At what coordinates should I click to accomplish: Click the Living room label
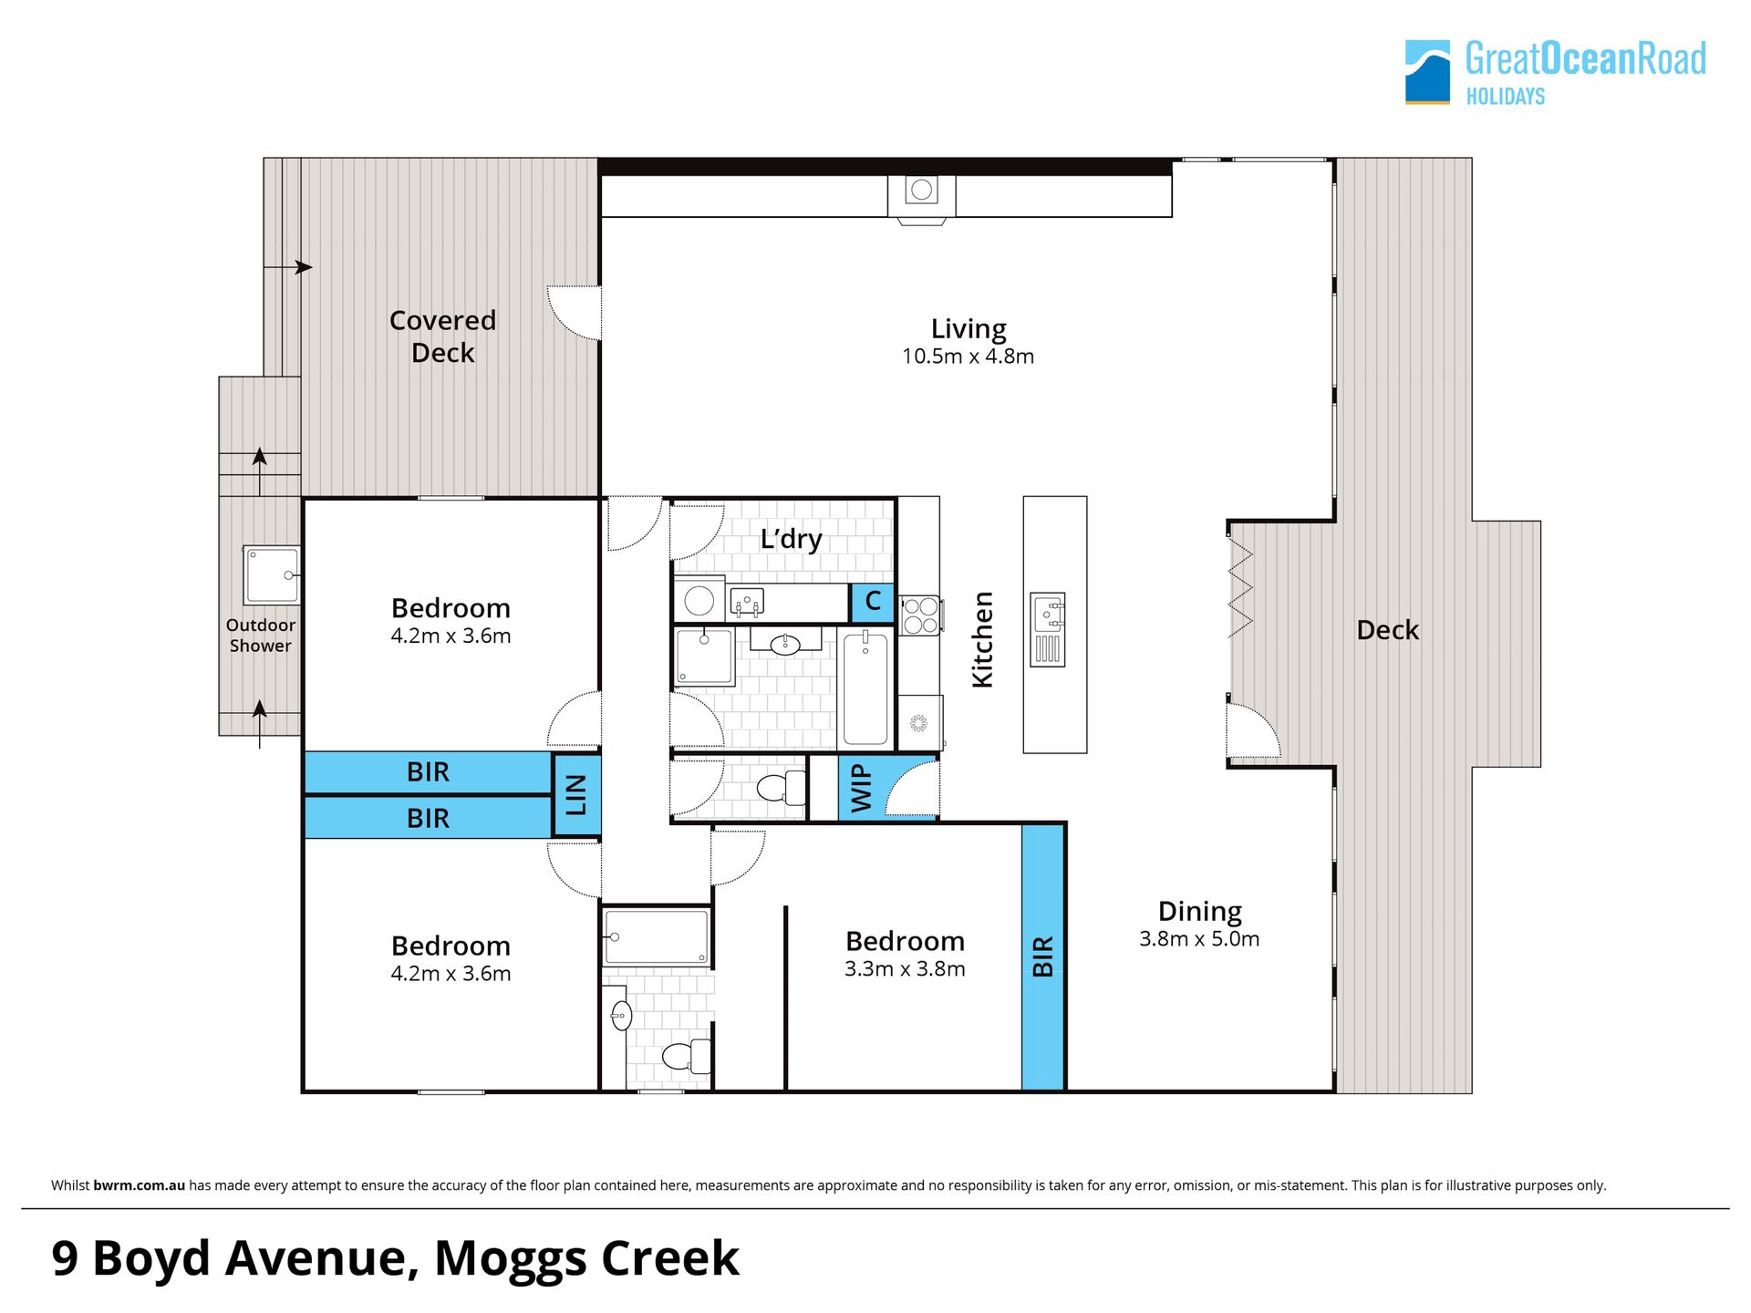point(969,328)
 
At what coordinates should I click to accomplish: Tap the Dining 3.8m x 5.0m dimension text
point(1199,939)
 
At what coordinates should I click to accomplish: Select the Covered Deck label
point(443,336)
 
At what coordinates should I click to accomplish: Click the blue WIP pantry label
point(861,788)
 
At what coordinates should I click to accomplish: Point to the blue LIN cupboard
point(576,794)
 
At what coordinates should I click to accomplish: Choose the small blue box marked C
point(873,602)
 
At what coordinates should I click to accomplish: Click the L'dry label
point(792,539)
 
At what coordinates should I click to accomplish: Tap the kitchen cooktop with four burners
point(920,615)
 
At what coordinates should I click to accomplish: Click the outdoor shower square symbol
point(272,574)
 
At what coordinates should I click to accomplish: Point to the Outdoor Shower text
point(261,636)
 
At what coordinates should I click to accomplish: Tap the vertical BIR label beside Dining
point(1043,956)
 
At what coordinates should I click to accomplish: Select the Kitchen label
point(982,639)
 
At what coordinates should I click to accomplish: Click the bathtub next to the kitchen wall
point(865,688)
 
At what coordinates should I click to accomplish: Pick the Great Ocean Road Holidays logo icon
point(1427,72)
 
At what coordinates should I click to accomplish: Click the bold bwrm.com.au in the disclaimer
point(139,1185)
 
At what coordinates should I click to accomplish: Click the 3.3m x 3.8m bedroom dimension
point(905,969)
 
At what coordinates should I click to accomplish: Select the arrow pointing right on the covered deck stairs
point(288,267)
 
